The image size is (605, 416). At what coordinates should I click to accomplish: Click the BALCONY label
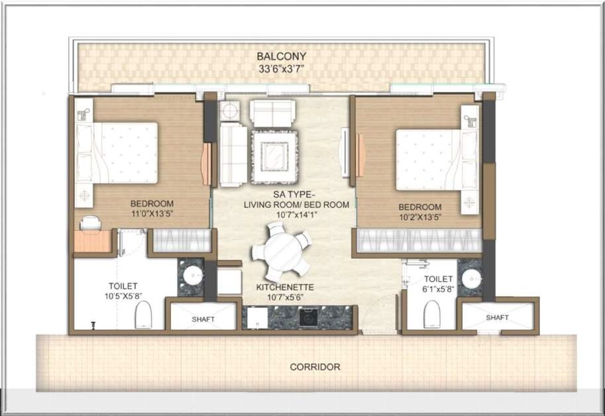(281, 56)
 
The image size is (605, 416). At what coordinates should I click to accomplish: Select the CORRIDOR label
(315, 366)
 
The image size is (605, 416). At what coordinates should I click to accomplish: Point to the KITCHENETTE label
(285, 287)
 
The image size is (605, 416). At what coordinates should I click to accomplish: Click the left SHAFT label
(203, 319)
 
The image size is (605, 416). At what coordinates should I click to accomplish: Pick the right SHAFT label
(497, 317)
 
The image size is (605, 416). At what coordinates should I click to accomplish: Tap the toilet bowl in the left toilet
(144, 315)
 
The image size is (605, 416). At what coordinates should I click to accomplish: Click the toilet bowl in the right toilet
(431, 313)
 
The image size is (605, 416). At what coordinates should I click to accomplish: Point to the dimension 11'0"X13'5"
(152, 213)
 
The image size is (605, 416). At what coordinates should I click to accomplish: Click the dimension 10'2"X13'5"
(419, 217)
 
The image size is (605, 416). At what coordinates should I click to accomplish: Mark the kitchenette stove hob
(308, 319)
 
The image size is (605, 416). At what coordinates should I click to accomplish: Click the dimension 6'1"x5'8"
(438, 289)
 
